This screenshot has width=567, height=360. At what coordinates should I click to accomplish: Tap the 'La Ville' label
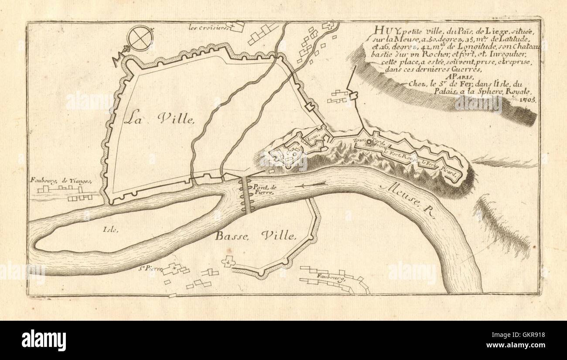158,118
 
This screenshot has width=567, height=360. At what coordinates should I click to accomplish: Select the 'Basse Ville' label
256,236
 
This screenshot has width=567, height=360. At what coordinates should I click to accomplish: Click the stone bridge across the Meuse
247,195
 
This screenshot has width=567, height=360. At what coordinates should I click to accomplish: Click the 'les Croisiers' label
209,28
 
